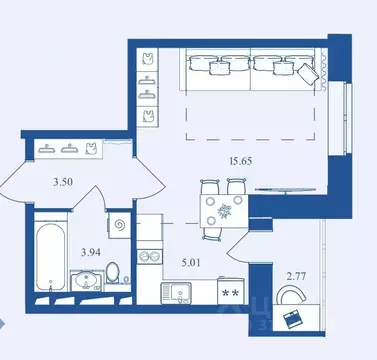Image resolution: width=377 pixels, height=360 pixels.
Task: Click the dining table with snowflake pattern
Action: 223,213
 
